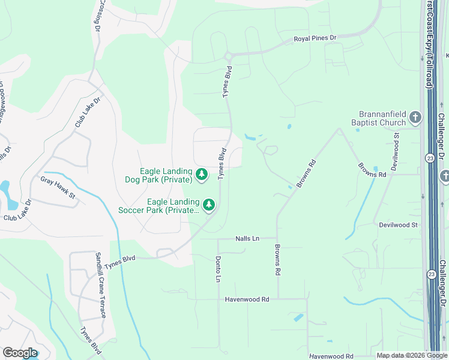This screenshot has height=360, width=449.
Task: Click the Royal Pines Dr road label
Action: [315, 38]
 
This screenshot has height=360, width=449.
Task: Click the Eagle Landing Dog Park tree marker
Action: [202, 175]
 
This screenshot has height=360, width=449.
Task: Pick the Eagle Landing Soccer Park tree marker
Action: [209, 205]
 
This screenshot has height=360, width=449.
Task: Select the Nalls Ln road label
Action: [247, 238]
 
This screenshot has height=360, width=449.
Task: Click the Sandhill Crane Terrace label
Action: [100, 285]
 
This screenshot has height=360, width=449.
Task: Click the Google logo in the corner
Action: [20, 353]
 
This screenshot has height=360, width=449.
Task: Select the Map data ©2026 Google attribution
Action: [411, 356]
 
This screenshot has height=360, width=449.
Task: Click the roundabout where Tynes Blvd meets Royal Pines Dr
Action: [228, 56]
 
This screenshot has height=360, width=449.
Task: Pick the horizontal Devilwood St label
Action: [398, 224]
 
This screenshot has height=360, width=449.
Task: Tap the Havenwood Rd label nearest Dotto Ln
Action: [247, 298]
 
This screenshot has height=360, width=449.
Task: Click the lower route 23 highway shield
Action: [431, 274]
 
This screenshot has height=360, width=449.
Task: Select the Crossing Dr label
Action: [96, 16]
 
